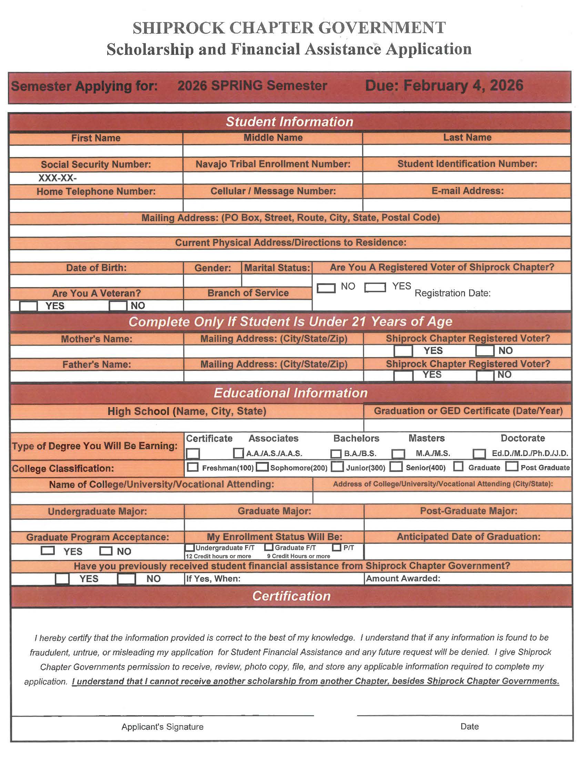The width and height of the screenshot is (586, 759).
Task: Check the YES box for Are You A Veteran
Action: (x=28, y=306)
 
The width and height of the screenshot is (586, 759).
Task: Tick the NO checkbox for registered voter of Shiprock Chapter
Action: (x=326, y=288)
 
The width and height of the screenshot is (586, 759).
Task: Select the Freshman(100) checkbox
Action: (x=193, y=467)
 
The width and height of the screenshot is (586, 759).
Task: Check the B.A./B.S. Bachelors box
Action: (x=336, y=454)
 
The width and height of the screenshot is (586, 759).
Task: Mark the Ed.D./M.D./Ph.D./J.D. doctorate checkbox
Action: (x=479, y=454)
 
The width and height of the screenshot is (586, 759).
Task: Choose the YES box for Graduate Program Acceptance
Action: (x=48, y=551)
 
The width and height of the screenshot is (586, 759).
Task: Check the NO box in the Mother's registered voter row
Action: (x=485, y=351)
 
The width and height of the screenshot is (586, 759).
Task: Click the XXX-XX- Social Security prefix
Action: (x=57, y=178)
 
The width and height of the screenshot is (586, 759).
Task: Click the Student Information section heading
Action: (x=290, y=122)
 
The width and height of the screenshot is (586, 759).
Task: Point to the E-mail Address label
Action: (x=467, y=191)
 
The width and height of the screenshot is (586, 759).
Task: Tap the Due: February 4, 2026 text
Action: (x=444, y=86)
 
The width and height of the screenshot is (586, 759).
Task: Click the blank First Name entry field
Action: (x=96, y=151)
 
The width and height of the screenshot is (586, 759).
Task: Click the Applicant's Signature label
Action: (x=162, y=727)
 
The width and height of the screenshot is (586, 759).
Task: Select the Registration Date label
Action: (x=453, y=293)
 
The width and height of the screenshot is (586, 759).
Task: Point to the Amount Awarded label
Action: (x=403, y=578)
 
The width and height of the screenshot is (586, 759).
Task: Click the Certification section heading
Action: (x=291, y=596)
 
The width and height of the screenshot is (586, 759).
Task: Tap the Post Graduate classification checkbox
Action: (x=511, y=466)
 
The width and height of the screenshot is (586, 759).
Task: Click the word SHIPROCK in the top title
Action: (x=179, y=28)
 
